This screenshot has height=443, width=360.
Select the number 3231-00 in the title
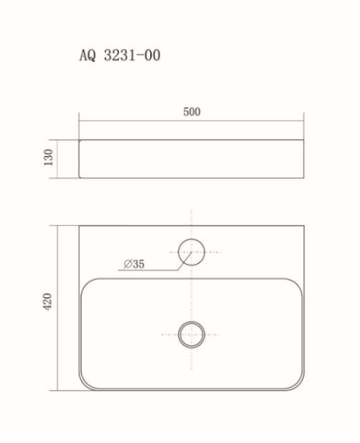tap(132, 56)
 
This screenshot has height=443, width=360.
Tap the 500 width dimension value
tap(191, 112)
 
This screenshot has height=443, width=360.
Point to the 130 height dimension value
tap(48, 159)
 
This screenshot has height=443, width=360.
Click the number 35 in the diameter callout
tap(138, 264)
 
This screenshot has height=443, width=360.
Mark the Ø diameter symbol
tap(127, 264)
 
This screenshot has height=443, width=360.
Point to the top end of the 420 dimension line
tap(59, 226)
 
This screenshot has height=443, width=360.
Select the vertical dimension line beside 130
tap(59, 159)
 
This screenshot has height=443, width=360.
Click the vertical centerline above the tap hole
tap(191, 222)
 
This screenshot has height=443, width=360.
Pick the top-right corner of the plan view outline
tap(302, 227)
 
